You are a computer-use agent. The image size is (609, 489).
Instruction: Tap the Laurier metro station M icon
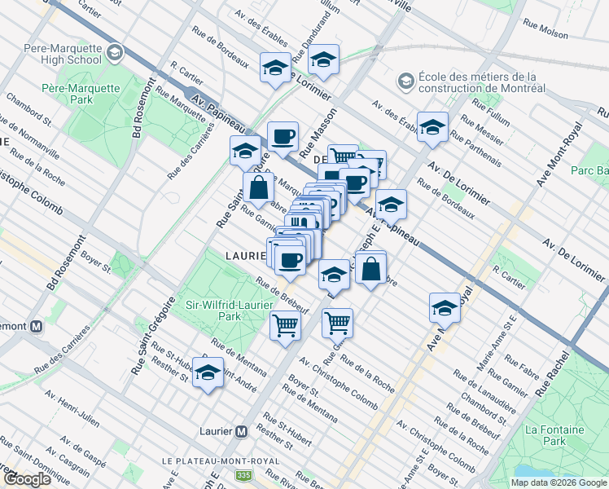pyautogui.click(x=241, y=431)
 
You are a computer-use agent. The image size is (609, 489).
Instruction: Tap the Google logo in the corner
pyautogui.click(x=27, y=479)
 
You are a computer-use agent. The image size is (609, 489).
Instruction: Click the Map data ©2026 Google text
pyautogui.click(x=557, y=482)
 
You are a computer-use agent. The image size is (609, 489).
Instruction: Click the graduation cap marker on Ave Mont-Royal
pyautogui.click(x=445, y=308)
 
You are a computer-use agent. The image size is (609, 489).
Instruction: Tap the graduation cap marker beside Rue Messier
pyautogui.click(x=432, y=126)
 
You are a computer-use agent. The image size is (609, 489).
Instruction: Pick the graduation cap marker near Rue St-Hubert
pyautogui.click(x=208, y=373)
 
